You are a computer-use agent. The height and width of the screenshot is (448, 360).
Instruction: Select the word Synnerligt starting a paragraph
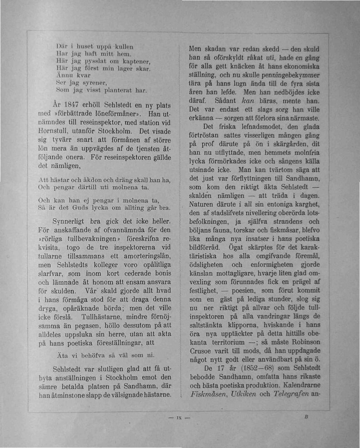[70, 221]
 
